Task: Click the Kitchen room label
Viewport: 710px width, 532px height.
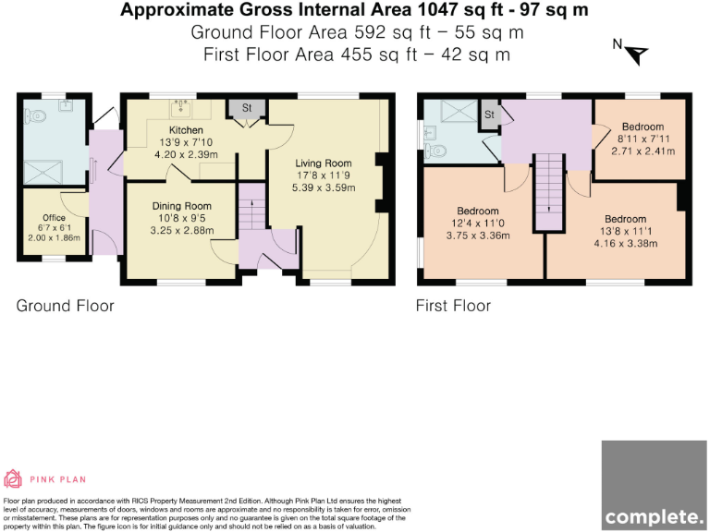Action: pyautogui.click(x=186, y=130)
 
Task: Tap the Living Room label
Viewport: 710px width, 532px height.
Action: pyautogui.click(x=324, y=163)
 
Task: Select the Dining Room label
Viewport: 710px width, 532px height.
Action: pyautogui.click(x=181, y=206)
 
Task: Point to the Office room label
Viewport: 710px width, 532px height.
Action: pyautogui.click(x=54, y=218)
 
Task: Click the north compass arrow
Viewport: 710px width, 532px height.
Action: pyautogui.click(x=638, y=55)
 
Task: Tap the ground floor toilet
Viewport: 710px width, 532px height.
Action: pyautogui.click(x=36, y=116)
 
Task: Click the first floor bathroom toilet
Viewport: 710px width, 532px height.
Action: pyautogui.click(x=435, y=150)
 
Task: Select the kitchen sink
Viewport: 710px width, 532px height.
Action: pyautogui.click(x=182, y=108)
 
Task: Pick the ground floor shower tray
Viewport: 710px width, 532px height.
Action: pyautogui.click(x=43, y=172)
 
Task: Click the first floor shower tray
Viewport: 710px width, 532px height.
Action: pyautogui.click(x=459, y=111)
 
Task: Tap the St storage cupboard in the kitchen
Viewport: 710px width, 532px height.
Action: pyautogui.click(x=247, y=108)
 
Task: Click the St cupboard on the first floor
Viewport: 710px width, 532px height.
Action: pyautogui.click(x=490, y=115)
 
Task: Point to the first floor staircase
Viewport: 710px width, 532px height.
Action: pyautogui.click(x=549, y=192)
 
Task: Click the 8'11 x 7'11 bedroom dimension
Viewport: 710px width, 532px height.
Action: pyautogui.click(x=643, y=139)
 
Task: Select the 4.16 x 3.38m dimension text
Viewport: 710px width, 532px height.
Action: pyautogui.click(x=625, y=244)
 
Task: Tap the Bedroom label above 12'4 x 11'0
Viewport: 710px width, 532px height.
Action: pyautogui.click(x=478, y=211)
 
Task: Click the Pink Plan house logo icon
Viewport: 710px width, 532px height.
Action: pyautogui.click(x=13, y=479)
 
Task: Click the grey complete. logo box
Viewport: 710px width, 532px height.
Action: pyautogui.click(x=654, y=486)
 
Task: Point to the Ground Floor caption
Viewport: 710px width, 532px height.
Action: pyautogui.click(x=66, y=306)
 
